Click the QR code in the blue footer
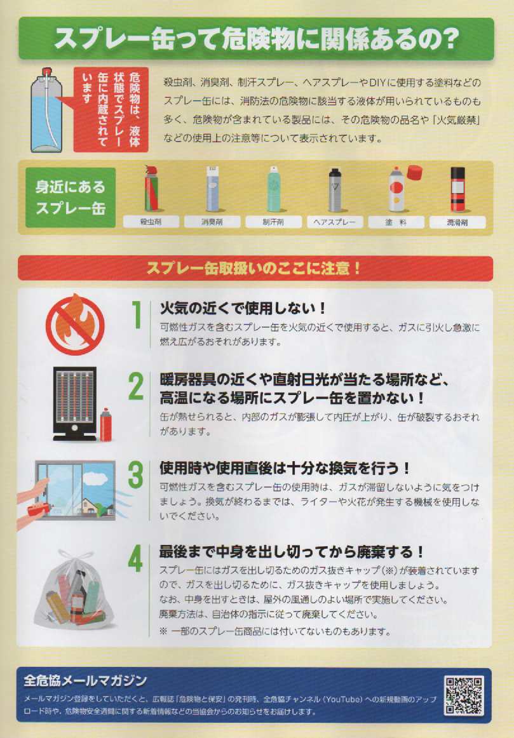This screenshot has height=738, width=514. point(464,695)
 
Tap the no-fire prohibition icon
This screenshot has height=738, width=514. point(75,325)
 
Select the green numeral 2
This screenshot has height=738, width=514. point(136,387)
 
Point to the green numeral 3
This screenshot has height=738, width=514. point(136,474)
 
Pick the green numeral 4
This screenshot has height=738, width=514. point(135,558)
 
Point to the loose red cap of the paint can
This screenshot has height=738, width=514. point(415,172)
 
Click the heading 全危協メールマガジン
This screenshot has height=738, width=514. point(85,680)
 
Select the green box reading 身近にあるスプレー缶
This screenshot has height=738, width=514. point(71,198)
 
